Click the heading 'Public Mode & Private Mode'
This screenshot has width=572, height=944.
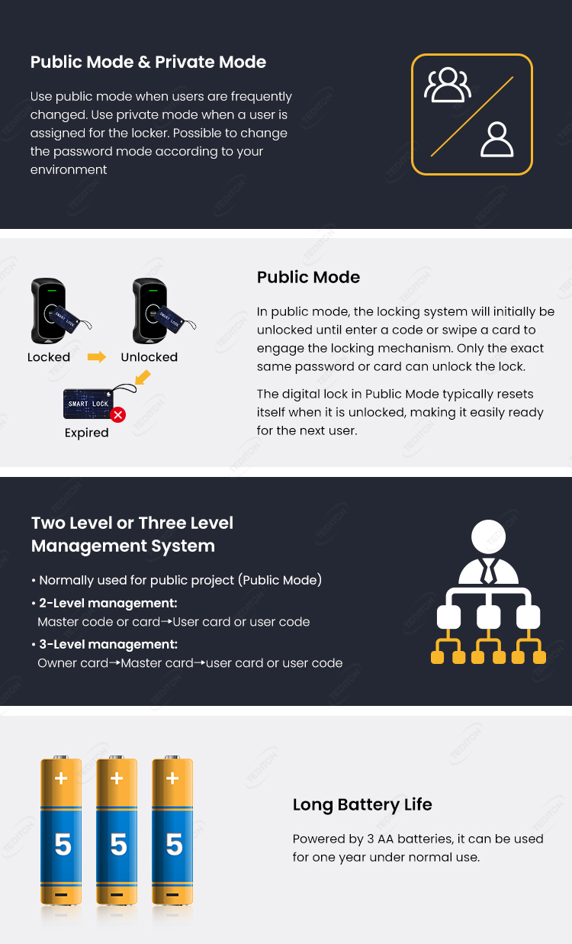pos(148,63)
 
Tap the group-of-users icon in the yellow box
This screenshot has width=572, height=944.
pos(448,85)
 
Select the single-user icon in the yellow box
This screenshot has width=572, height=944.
pos(497,140)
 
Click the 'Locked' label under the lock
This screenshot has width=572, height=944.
pos(49,357)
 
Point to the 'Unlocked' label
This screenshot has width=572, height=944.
pos(149,357)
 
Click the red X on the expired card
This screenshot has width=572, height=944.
pos(117,414)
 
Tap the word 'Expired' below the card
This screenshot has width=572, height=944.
pos(86,433)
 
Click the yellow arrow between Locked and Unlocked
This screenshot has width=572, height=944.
pos(97,356)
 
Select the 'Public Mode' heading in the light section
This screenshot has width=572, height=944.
pos(308,277)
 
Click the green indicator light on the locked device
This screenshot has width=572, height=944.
pos(52,291)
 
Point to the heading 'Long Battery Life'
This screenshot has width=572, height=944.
pos(362,804)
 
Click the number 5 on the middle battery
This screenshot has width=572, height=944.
pos(118,845)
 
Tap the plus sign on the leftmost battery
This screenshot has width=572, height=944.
pos(61,779)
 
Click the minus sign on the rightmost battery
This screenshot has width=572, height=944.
pos(173,894)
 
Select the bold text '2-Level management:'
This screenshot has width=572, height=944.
pos(108,603)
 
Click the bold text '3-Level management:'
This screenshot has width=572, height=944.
pos(108,644)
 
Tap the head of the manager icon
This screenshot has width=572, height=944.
pos(488,536)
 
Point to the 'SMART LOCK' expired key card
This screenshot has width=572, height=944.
pos(88,404)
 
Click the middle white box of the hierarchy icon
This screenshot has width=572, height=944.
pos(488,617)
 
